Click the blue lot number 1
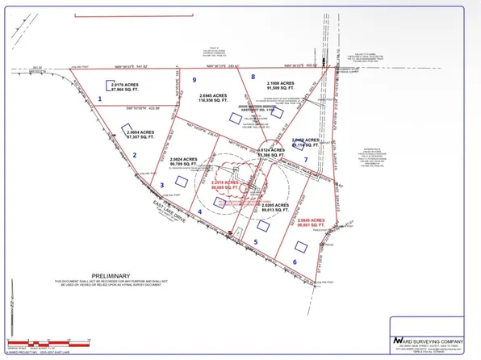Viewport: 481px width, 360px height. pyautogui.click(x=100, y=98)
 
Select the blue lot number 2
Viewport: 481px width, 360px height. pyautogui.click(x=135, y=156)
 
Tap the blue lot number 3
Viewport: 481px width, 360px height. pyautogui.click(x=162, y=186)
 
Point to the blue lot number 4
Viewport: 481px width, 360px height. pyautogui.click(x=199, y=212)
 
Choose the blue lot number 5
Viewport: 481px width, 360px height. pyautogui.click(x=256, y=241)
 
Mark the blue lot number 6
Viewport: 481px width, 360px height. pyautogui.click(x=295, y=262)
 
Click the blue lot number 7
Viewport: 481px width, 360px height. pyautogui.click(x=306, y=159)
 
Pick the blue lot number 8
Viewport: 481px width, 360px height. pyautogui.click(x=253, y=77)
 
